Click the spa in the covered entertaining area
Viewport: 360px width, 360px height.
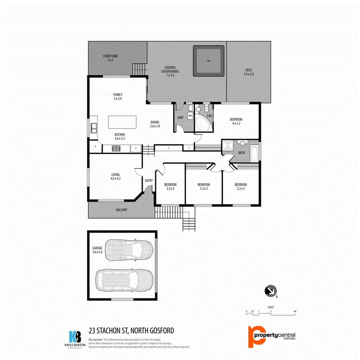tap(209, 61)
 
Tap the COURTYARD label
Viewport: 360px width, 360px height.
tap(110, 58)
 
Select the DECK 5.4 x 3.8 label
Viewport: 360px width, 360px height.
tap(249, 72)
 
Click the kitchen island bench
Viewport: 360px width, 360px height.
tap(122, 122)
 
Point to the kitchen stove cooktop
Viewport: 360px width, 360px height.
tap(117, 148)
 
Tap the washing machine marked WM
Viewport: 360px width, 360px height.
tap(190, 115)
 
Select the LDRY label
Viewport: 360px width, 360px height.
tap(180, 118)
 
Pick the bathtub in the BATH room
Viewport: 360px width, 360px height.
tap(253, 153)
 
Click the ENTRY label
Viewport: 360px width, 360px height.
tap(149, 180)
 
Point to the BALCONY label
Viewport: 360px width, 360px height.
tap(122, 210)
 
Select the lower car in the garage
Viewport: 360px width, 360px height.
tap(124, 279)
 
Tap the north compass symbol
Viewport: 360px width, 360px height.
tap(270, 291)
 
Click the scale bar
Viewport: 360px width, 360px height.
tap(271, 313)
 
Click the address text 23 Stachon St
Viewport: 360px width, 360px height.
tap(131, 331)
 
